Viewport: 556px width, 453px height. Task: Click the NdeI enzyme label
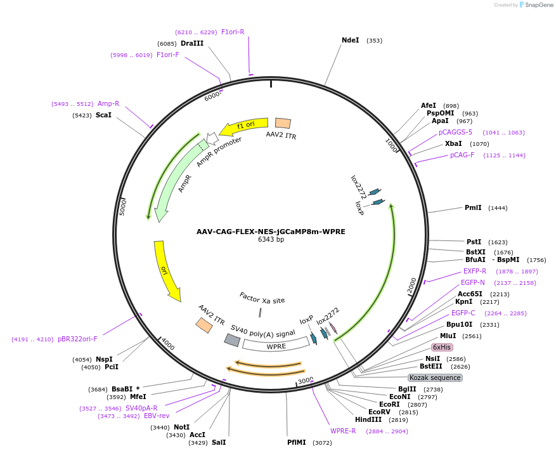[351, 40]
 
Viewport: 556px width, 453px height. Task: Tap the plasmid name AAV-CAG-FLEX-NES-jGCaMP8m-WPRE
[271, 232]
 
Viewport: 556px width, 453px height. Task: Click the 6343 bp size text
[271, 240]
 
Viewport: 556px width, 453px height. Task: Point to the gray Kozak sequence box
[436, 377]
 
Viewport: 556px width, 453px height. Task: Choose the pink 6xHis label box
[441, 347]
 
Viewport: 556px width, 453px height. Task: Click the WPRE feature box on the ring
[276, 346]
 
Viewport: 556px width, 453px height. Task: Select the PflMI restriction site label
[297, 442]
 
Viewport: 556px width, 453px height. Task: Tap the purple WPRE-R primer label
[343, 431]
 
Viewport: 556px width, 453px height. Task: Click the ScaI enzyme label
[103, 115]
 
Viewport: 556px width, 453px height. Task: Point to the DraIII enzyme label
[192, 43]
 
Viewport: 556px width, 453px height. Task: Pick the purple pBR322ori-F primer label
[78, 339]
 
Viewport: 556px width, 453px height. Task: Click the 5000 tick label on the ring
[123, 207]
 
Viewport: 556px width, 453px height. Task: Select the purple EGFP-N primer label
[473, 282]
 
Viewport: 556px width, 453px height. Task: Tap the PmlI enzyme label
[473, 207]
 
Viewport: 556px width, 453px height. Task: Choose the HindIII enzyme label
[368, 419]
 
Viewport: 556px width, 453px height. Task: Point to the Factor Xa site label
[262, 298]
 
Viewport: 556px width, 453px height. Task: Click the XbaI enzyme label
[453, 143]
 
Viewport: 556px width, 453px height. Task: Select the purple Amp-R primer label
[108, 103]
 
